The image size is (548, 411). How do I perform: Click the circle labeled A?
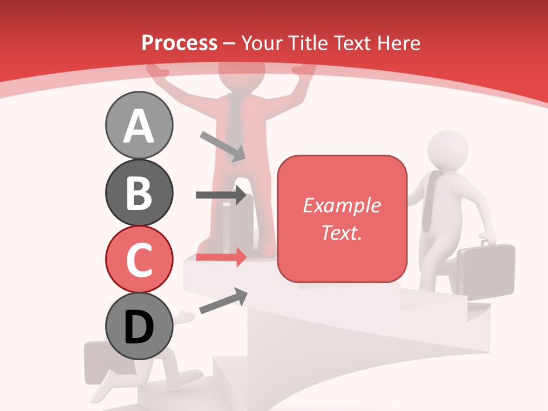[139, 125]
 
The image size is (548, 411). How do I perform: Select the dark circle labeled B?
[139, 192]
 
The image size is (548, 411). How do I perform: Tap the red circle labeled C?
[139, 259]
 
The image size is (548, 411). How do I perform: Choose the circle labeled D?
[139, 326]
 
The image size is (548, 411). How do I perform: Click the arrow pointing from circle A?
[223, 146]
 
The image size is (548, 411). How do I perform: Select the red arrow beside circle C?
[221, 257]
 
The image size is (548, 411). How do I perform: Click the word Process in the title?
[179, 43]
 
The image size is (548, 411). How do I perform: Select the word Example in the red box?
[341, 205]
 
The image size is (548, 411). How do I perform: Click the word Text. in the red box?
[341, 232]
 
